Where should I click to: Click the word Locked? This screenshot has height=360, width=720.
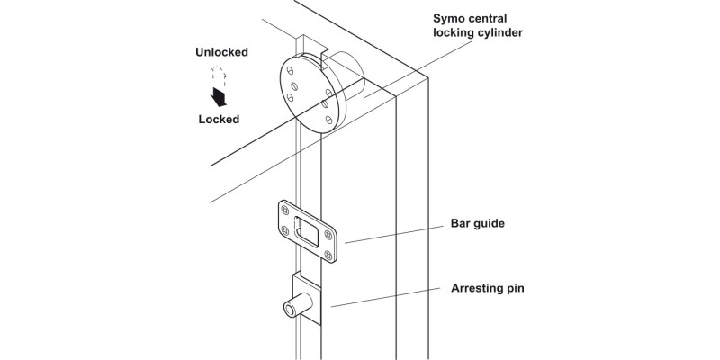click(x=219, y=119)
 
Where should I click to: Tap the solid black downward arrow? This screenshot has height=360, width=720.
click(x=217, y=96)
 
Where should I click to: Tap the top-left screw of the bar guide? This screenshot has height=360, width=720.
click(x=287, y=208)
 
